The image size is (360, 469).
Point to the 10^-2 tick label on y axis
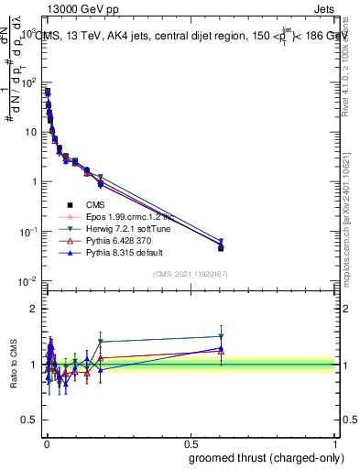[29, 280]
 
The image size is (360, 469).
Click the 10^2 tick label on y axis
[31, 82]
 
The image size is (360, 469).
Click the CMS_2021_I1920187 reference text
[190, 274]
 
